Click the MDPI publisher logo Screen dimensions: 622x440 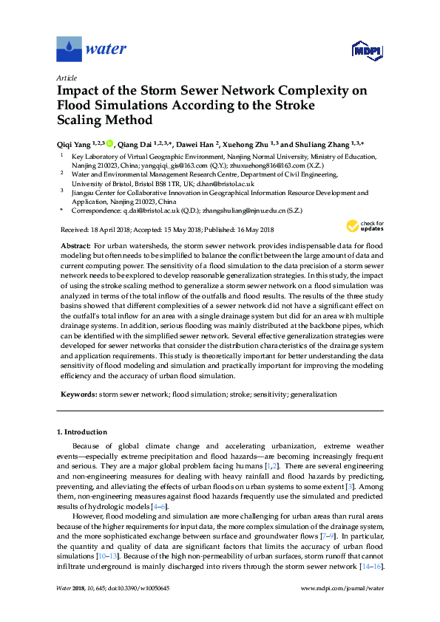point(367,51)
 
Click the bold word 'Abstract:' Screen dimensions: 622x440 point(75,245)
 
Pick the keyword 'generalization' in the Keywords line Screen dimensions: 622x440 point(314,395)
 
